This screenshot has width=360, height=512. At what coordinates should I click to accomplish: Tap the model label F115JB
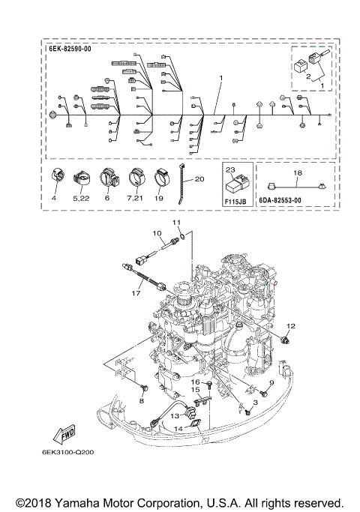tap(236, 202)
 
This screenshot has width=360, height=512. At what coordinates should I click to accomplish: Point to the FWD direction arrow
tap(62, 433)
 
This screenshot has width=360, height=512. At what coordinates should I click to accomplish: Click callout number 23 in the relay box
tap(232, 170)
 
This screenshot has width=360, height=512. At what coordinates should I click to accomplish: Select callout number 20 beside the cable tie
tap(199, 179)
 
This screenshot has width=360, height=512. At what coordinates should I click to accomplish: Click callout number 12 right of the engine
tap(291, 325)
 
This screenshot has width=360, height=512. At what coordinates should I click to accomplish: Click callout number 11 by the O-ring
tap(177, 223)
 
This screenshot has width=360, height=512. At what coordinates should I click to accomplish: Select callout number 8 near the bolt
tap(139, 400)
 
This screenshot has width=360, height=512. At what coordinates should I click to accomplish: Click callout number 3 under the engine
tap(255, 403)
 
